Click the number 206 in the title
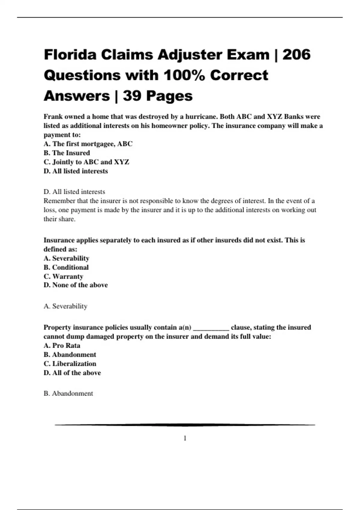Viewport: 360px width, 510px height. [x=296, y=55]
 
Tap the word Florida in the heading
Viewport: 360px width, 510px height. [x=70, y=55]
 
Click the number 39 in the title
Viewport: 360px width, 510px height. [x=132, y=96]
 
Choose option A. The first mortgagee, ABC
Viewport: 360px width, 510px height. [x=88, y=144]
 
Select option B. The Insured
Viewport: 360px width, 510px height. [x=67, y=153]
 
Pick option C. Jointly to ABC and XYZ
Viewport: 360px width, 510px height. [x=86, y=162]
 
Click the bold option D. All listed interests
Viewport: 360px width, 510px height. [x=76, y=171]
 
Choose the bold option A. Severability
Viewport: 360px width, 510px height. [x=66, y=258]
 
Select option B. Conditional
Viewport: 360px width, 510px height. [x=66, y=267]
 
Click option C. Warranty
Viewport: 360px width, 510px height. [x=63, y=276]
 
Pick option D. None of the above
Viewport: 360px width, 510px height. [x=76, y=285]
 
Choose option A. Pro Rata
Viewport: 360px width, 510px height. [x=62, y=346]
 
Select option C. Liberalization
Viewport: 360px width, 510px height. [x=70, y=364]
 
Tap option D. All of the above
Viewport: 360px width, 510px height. [x=72, y=373]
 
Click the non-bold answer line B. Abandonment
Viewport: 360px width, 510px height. [x=68, y=394]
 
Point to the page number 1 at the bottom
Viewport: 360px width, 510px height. [x=185, y=438]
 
